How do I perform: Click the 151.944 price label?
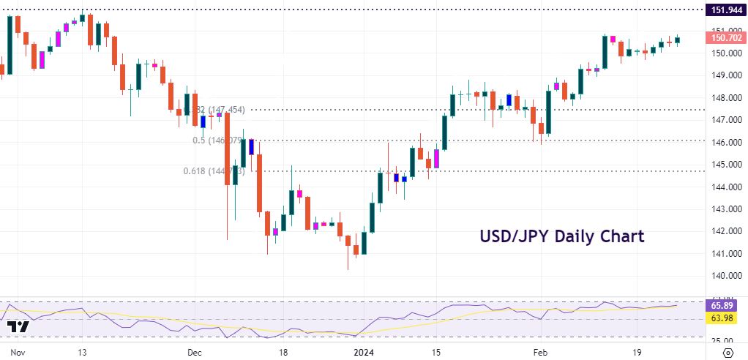click(724, 10)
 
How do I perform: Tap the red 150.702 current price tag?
click(724, 37)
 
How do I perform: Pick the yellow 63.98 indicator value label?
click(724, 319)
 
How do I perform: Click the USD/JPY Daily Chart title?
click(562, 236)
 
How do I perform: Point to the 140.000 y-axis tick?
click(724, 276)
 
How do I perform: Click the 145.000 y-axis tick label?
click(724, 165)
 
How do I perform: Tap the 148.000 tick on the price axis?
click(724, 98)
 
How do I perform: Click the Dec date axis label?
click(195, 352)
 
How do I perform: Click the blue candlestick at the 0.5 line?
click(251, 146)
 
